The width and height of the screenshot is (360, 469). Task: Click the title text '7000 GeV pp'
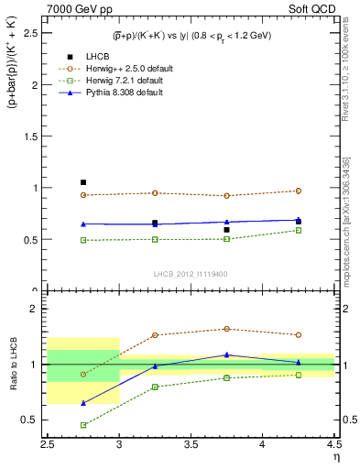pyautogui.click(x=76, y=9)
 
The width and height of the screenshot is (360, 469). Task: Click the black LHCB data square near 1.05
pyautogui.click(x=83, y=182)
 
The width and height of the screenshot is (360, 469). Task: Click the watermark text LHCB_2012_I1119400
pyautogui.click(x=191, y=274)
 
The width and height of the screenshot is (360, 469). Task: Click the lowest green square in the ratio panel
pyautogui.click(x=83, y=425)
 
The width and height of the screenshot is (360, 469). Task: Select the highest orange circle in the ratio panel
pyautogui.click(x=226, y=329)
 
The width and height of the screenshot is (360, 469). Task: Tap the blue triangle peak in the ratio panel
pyautogui.click(x=226, y=354)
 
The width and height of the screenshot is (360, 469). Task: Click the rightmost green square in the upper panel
pyautogui.click(x=298, y=230)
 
